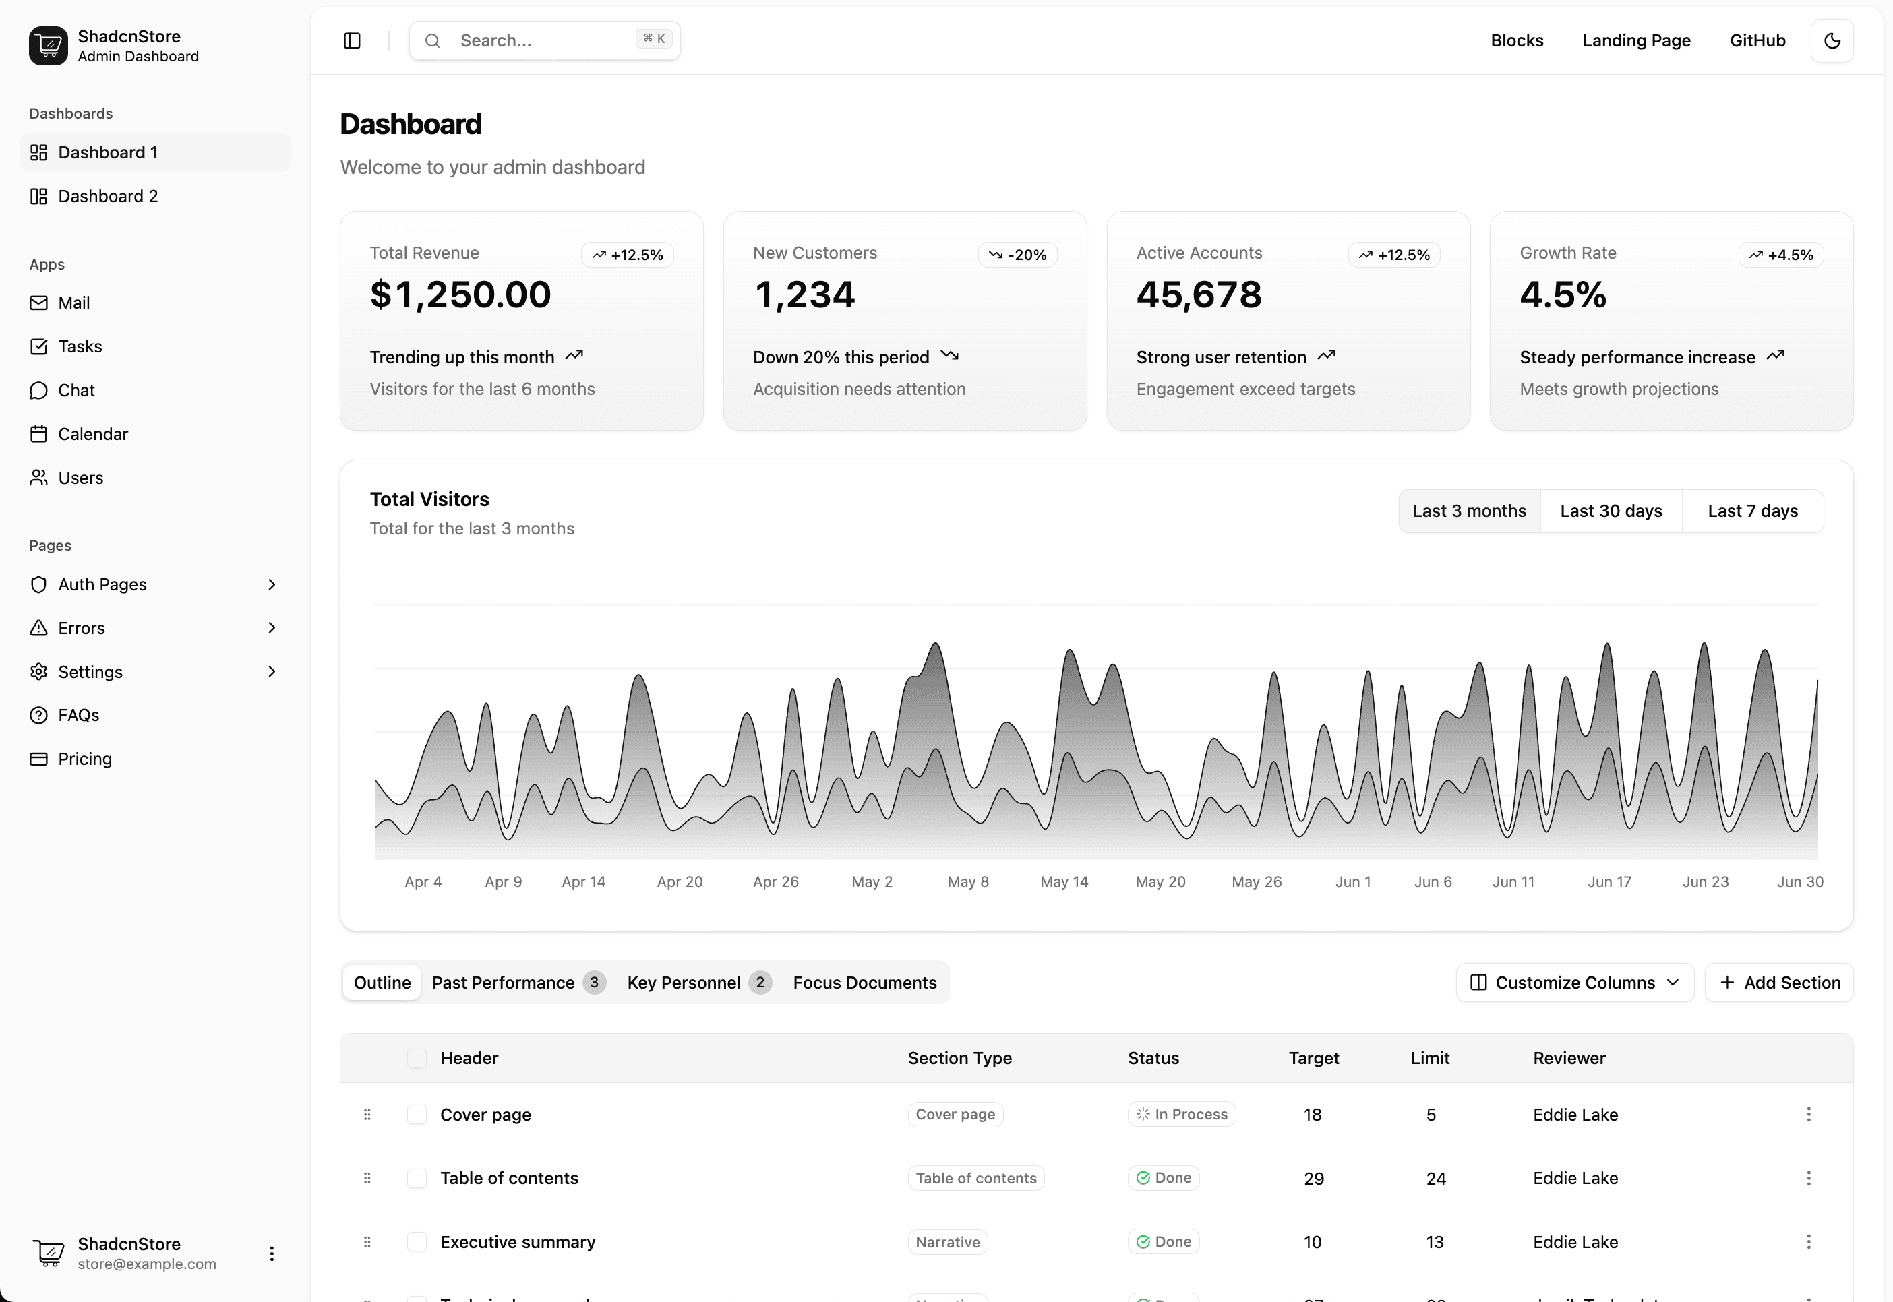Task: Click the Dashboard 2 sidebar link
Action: coord(107,197)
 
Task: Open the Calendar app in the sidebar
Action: coord(92,434)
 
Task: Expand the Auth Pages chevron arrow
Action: coord(272,584)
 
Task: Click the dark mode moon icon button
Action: coord(1832,41)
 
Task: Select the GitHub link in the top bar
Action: coord(1757,41)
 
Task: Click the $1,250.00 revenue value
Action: coord(460,294)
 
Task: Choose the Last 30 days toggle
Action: coord(1611,511)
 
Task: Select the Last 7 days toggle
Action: coord(1753,511)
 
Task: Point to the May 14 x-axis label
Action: coord(1064,882)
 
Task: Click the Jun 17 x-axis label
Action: coord(1609,882)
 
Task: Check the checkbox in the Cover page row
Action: coord(417,1115)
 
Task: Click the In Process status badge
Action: coord(1182,1115)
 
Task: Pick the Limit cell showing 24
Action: coord(1435,1179)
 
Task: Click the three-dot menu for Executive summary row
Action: coord(1808,1241)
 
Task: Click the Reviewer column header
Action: coord(1568,1059)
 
